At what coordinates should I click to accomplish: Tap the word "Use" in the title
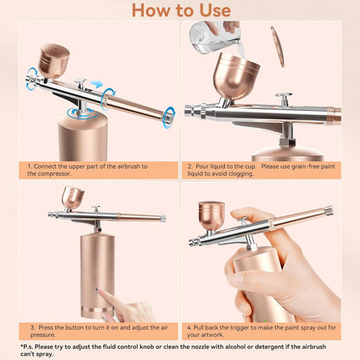click(x=211, y=10)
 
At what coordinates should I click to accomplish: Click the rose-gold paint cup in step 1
click(x=53, y=61)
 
